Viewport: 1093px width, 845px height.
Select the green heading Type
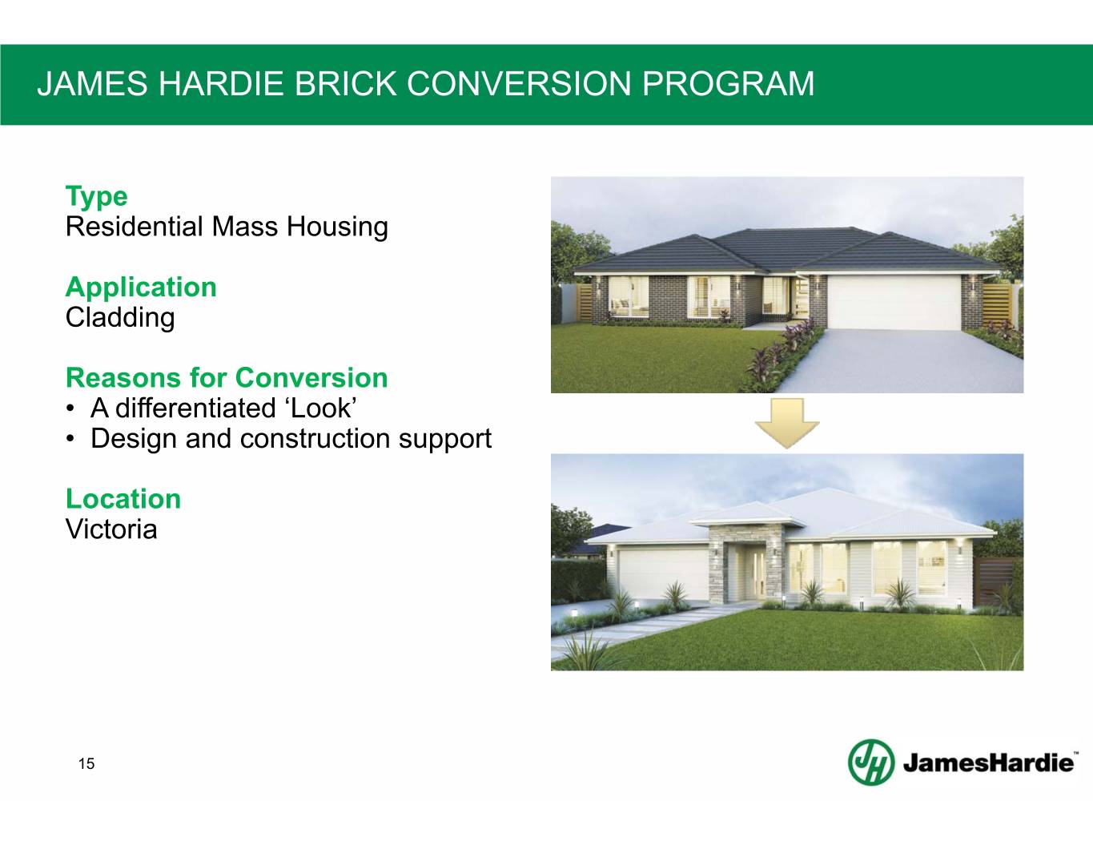[97, 197]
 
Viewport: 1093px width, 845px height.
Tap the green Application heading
[141, 288]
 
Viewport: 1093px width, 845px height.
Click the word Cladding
[120, 317]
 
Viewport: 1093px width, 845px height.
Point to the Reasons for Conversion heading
[227, 378]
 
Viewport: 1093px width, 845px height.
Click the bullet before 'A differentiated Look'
[71, 408]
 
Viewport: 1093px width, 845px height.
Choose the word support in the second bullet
[444, 439]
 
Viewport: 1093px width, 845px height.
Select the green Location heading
[123, 499]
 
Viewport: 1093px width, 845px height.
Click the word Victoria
[111, 529]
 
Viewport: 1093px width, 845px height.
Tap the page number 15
[86, 764]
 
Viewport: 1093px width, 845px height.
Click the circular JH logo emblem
[871, 763]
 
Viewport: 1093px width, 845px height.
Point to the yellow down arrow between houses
[787, 423]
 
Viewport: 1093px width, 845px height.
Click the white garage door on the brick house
[894, 303]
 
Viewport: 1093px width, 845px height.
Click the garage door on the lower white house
[663, 574]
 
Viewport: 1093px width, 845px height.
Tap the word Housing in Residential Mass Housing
[337, 227]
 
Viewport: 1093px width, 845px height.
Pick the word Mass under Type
[245, 227]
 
